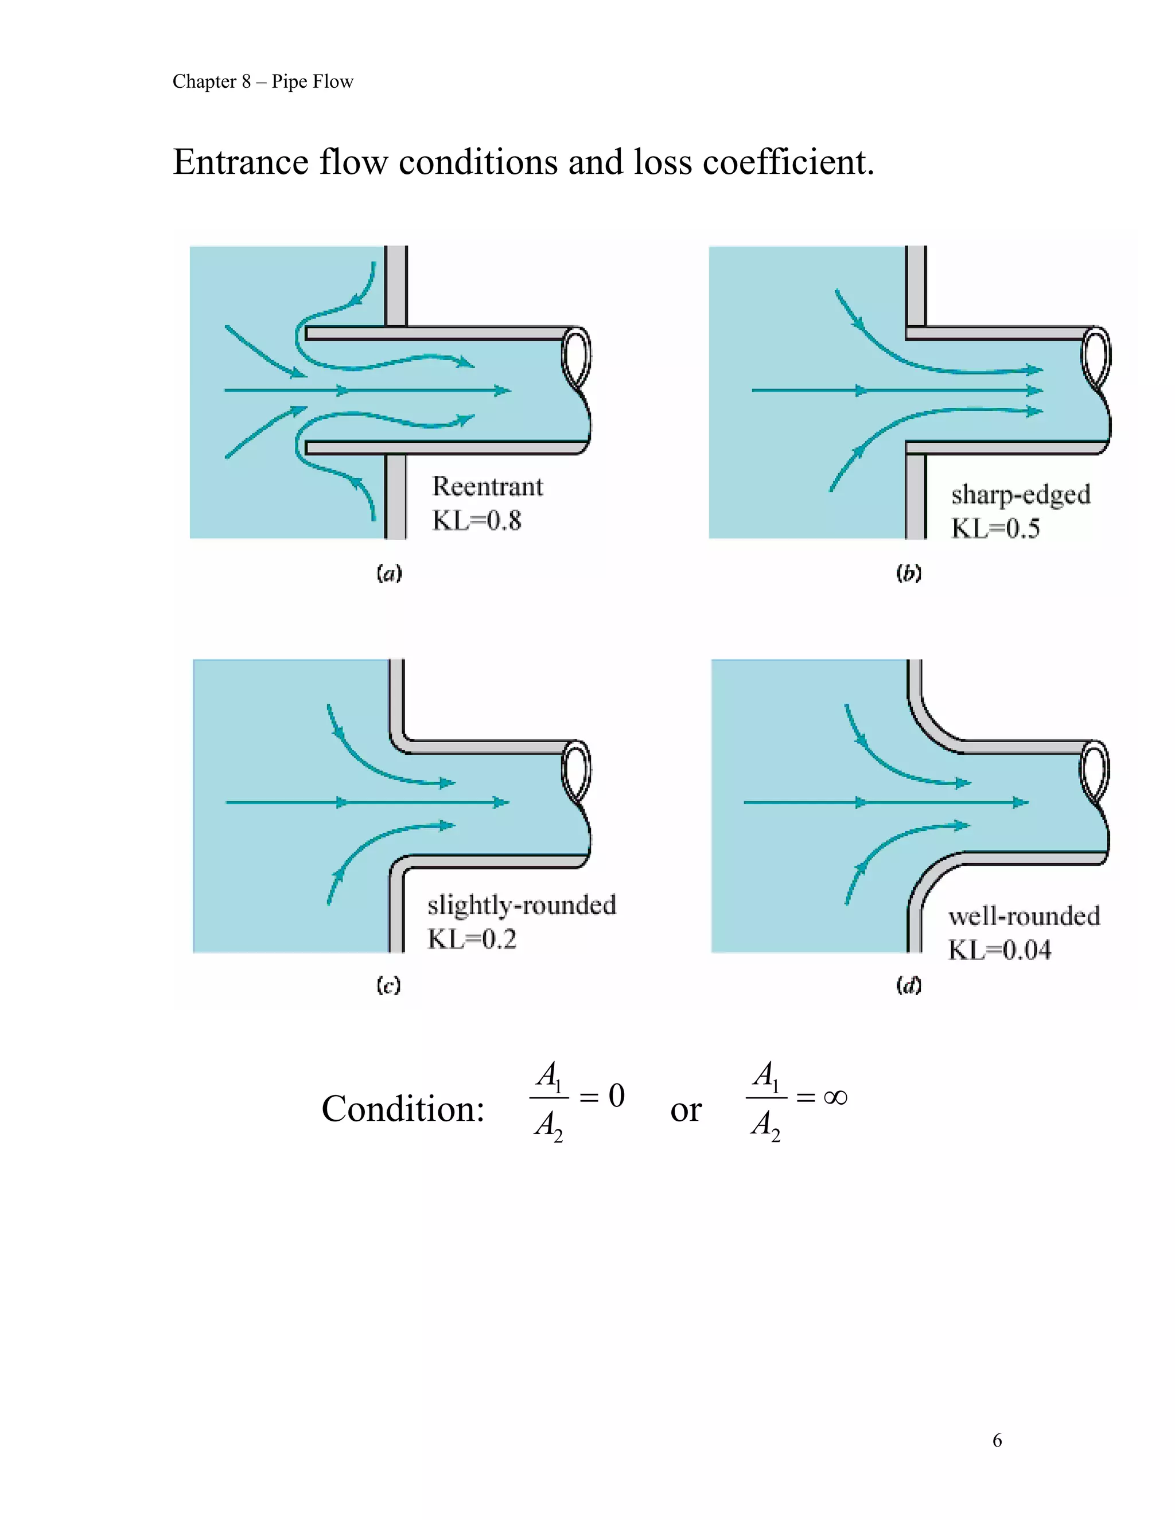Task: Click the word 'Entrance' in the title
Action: [x=240, y=162]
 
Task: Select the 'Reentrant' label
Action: [x=487, y=486]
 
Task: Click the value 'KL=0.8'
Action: [x=477, y=521]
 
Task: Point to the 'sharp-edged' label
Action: [x=1021, y=495]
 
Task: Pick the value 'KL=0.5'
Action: [x=995, y=528]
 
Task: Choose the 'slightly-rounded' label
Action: [x=522, y=905]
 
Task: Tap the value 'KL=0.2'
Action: [x=472, y=939]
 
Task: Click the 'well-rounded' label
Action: [x=1024, y=916]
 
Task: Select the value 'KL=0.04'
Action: [x=999, y=950]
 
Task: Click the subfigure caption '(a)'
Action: [x=389, y=574]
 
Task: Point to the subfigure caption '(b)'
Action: [x=908, y=574]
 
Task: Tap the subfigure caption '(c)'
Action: [x=388, y=985]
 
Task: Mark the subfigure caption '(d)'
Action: [x=908, y=985]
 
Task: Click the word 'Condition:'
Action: [x=402, y=1109]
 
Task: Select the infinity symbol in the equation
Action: [x=835, y=1097]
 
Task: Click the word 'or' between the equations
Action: [x=686, y=1110]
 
